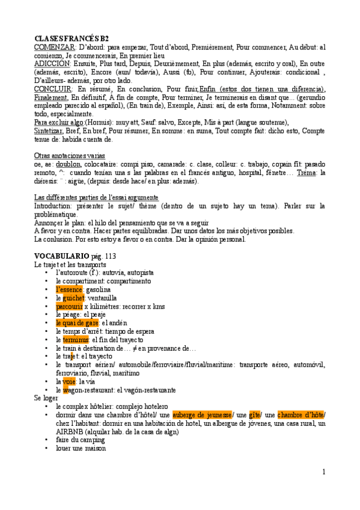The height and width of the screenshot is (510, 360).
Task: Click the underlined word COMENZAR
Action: coord(55,47)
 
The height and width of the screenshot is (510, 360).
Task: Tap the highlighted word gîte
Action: coord(254,415)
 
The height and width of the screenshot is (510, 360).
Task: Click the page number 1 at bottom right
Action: coord(323,471)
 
